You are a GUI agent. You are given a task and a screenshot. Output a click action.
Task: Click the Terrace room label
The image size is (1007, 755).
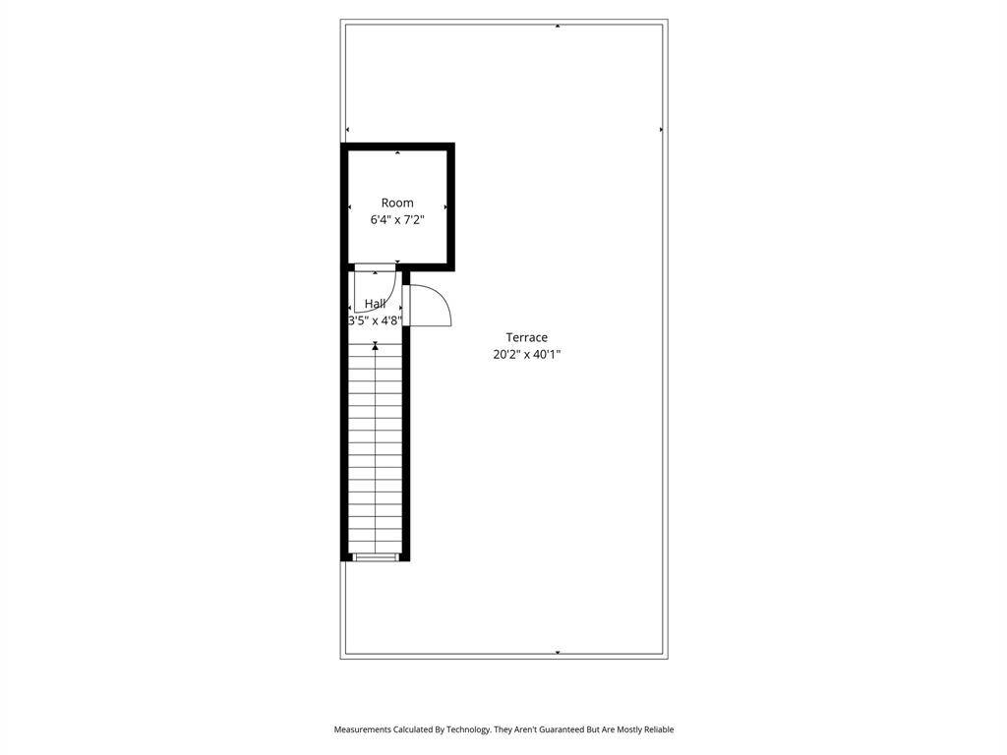tap(527, 337)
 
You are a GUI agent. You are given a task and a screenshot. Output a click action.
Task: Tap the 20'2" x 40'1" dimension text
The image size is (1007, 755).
tap(527, 354)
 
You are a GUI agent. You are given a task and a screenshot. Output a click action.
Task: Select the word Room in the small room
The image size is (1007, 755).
tap(397, 203)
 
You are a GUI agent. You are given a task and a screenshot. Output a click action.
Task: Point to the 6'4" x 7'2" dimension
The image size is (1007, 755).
tap(397, 219)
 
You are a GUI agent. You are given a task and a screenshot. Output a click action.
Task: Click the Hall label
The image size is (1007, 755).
tap(375, 303)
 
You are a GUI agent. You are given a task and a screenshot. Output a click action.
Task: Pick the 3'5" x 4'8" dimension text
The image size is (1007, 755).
tap(375, 319)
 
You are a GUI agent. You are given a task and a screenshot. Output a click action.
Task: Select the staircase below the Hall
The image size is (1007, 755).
tap(375, 448)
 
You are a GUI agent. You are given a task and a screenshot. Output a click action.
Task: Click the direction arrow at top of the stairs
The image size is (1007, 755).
tap(375, 347)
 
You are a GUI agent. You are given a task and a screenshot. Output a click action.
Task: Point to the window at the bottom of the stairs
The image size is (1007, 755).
tap(375, 557)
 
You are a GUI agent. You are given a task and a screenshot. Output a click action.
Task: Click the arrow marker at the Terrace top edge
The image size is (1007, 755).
tap(558, 27)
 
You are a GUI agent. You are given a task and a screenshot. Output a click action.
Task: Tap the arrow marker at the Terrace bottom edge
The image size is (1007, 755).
tap(558, 653)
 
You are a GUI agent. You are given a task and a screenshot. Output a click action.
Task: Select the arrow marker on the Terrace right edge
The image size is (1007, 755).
tap(661, 130)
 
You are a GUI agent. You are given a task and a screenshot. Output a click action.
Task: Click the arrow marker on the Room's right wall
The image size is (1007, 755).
tap(445, 207)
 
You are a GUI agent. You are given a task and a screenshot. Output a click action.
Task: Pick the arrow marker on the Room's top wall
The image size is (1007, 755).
tap(397, 152)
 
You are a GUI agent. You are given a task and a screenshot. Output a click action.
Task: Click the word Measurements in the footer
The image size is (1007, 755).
tap(362, 729)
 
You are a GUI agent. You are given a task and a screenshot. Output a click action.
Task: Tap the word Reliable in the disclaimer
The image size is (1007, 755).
tap(659, 729)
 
